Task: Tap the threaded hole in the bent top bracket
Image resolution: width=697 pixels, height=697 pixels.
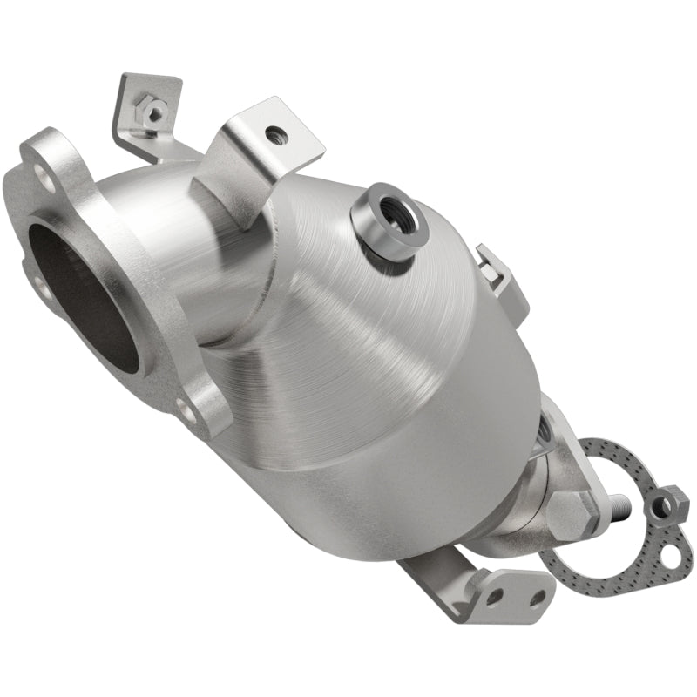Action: click(x=277, y=134)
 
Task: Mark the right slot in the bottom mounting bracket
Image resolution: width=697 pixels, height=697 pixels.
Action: click(x=538, y=597)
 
